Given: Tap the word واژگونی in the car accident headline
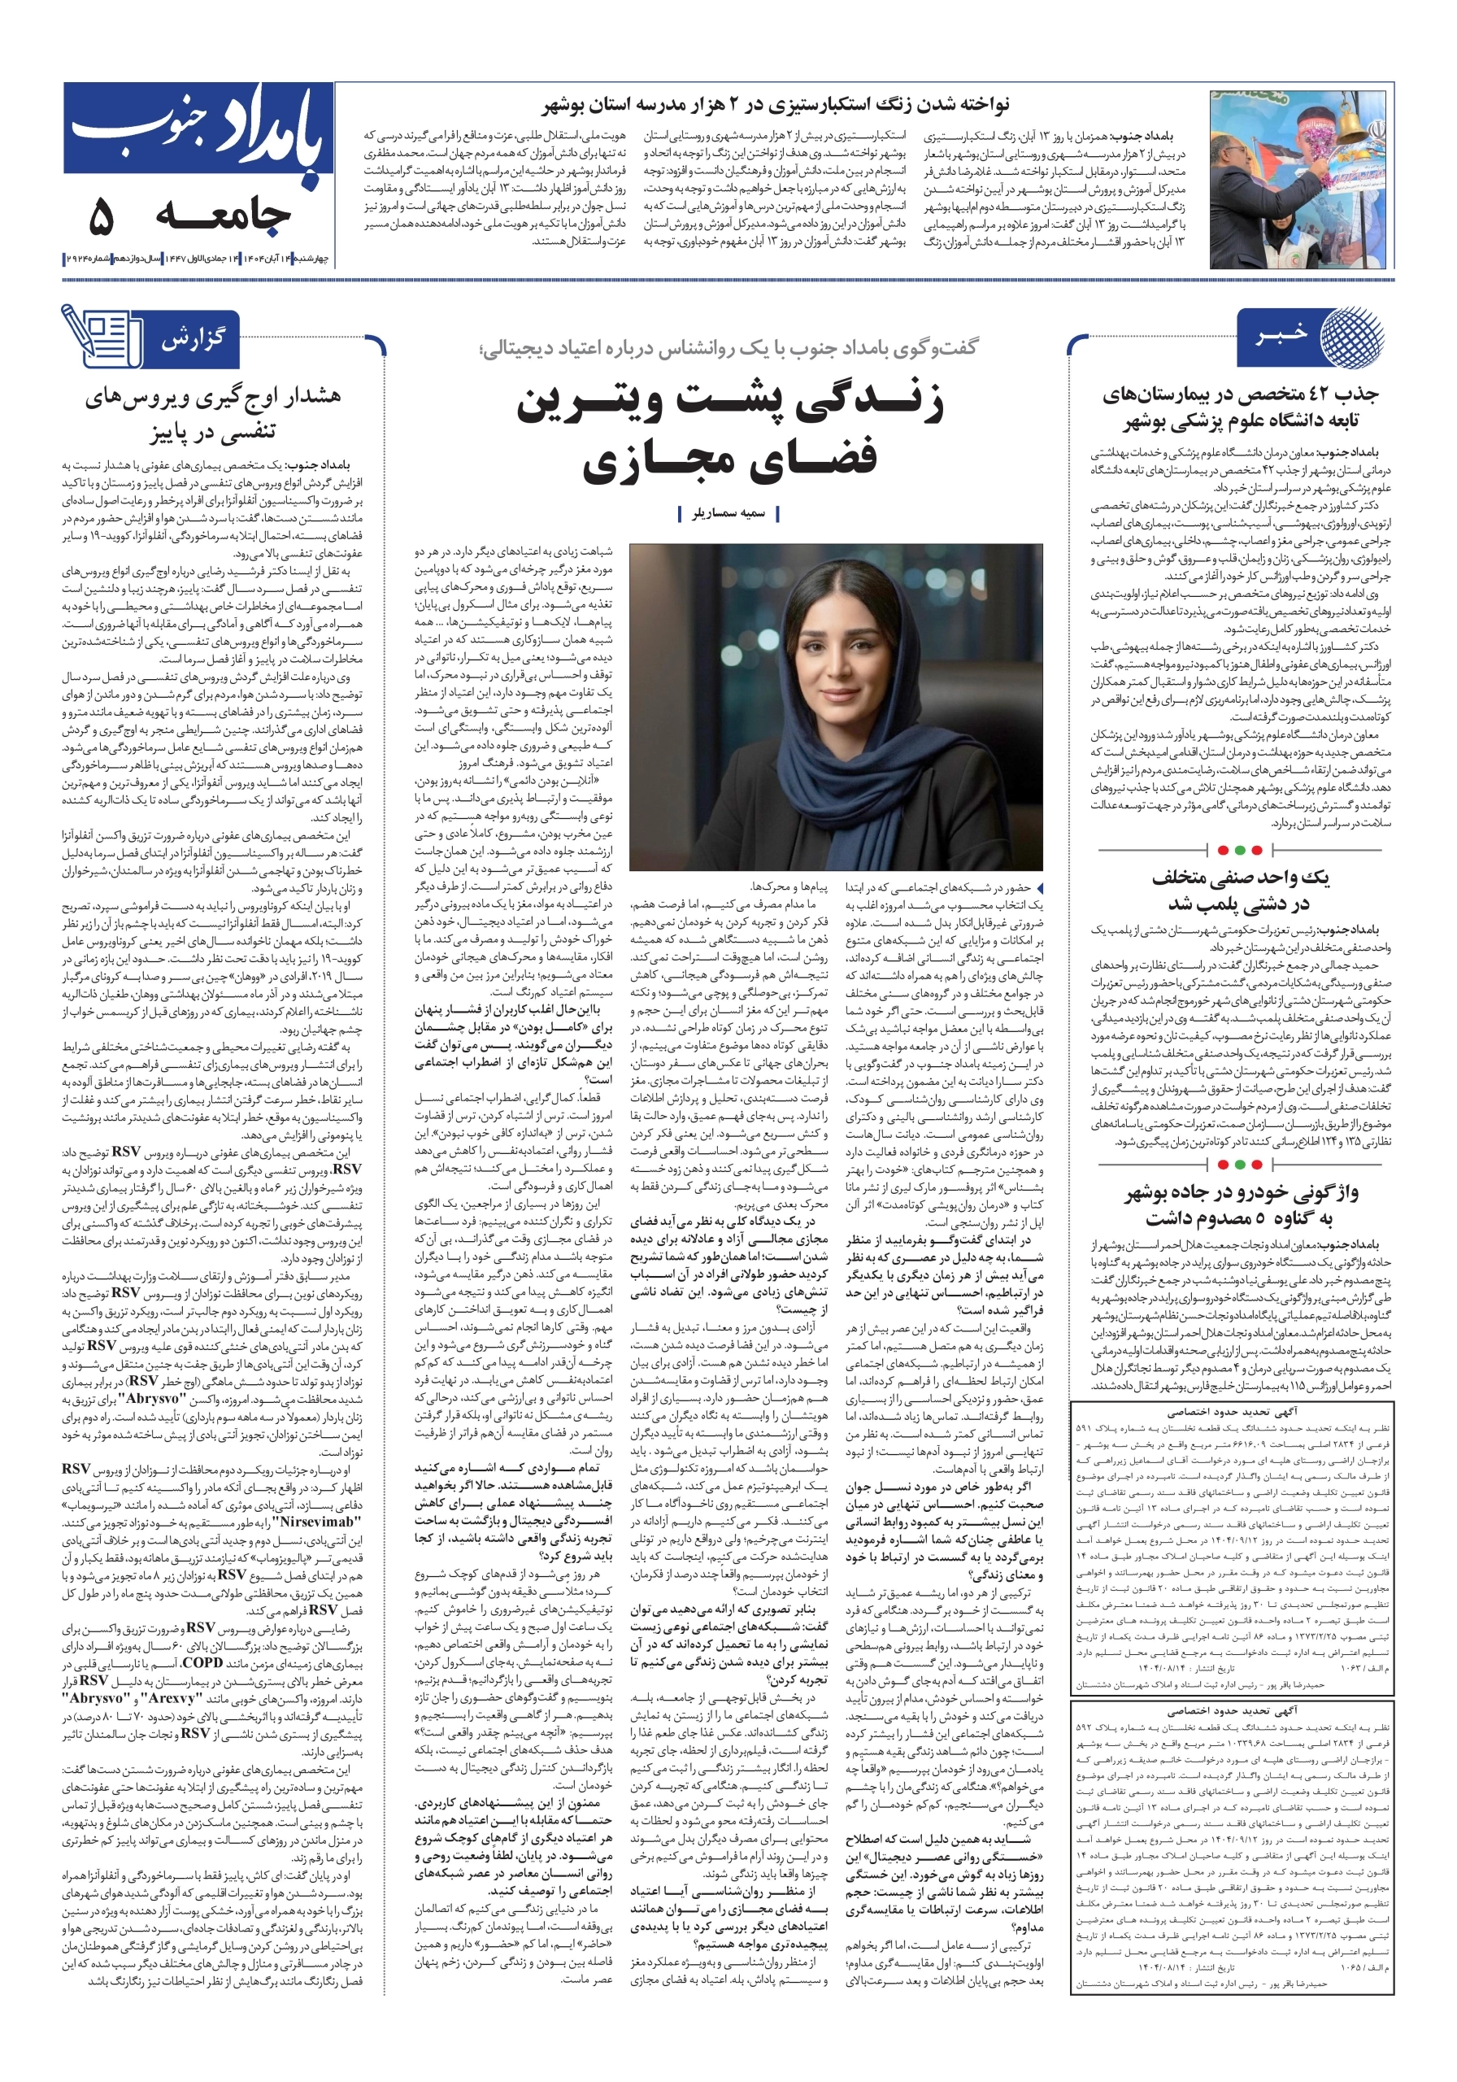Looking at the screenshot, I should [1323, 1193].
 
